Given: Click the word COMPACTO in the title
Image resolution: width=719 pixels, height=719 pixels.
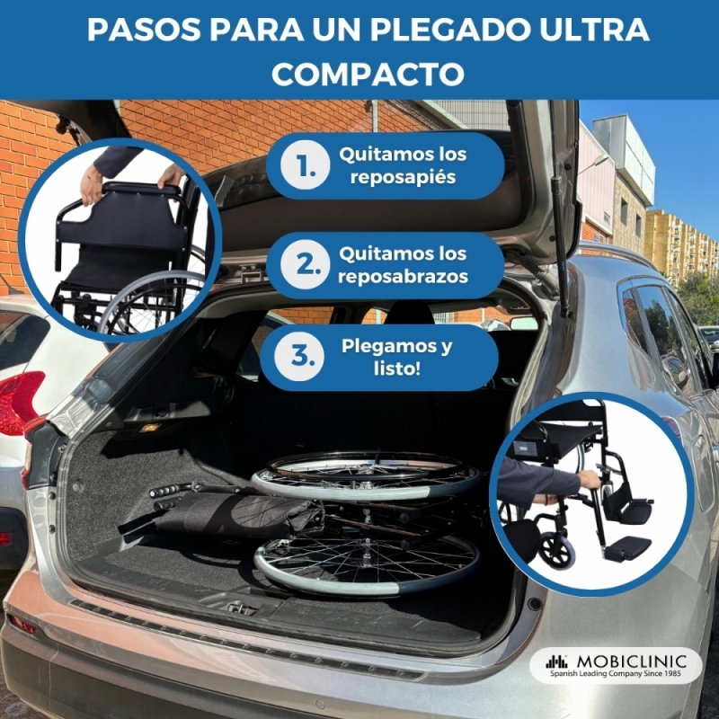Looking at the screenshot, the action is click(368, 74).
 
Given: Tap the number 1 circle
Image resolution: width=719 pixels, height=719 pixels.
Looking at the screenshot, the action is click(305, 165).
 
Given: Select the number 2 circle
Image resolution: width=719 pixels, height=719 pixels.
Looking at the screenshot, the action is click(305, 264).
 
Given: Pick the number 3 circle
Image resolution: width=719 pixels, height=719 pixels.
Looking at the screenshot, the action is click(298, 357).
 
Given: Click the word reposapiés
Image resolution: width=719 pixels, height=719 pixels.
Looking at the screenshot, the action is click(403, 177).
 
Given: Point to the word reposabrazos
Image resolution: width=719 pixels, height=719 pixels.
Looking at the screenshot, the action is click(403, 277).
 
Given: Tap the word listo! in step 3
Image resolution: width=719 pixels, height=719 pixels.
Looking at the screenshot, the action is click(396, 368).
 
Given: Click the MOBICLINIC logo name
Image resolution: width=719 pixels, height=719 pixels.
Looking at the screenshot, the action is click(631, 661).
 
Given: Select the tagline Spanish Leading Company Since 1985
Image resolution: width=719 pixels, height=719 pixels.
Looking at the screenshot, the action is click(616, 673).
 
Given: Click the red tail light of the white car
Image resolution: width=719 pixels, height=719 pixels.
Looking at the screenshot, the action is click(19, 401).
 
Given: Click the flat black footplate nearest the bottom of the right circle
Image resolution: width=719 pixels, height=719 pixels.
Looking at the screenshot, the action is click(626, 547).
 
